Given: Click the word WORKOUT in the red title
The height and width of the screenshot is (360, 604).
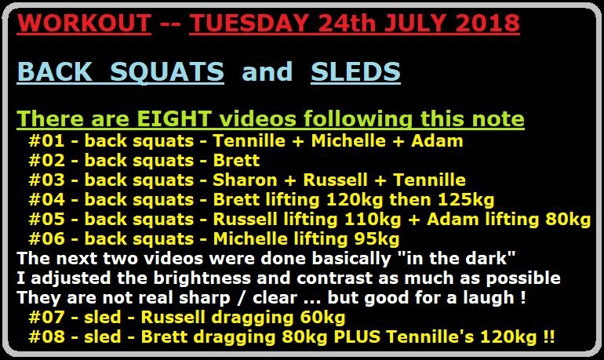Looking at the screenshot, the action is pyautogui.click(x=84, y=23).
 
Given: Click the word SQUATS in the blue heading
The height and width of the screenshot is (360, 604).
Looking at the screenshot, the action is pyautogui.click(x=167, y=71).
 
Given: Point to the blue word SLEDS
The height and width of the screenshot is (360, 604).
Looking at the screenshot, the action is pyautogui.click(x=355, y=71).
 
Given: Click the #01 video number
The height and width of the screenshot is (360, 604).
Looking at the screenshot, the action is pyautogui.click(x=46, y=141).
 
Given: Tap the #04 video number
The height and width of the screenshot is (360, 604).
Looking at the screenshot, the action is pyautogui.click(x=46, y=200).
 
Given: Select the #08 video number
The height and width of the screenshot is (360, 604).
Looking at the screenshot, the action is pyautogui.click(x=46, y=336).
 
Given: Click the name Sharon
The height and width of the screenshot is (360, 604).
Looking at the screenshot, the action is pyautogui.click(x=245, y=180).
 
